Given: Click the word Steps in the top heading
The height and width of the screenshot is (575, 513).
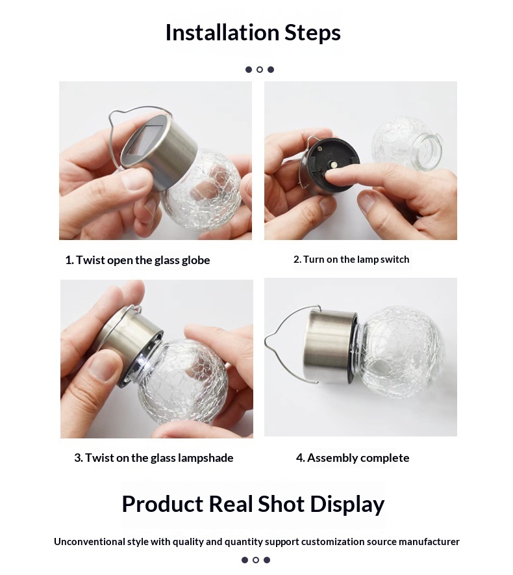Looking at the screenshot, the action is click(x=313, y=33).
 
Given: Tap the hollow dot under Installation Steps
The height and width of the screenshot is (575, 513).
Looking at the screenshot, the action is click(x=260, y=70).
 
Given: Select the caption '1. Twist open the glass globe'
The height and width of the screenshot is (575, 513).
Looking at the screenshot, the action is click(x=138, y=260).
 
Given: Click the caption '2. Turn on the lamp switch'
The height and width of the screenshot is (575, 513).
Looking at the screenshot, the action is click(x=351, y=260).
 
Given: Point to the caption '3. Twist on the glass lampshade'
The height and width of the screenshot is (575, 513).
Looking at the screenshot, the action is click(x=154, y=458).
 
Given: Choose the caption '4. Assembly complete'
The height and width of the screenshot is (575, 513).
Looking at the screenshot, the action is click(x=353, y=458).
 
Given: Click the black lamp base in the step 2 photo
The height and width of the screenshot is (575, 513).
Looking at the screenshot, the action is click(x=331, y=165).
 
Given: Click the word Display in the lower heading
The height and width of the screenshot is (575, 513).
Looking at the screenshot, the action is click(x=347, y=504).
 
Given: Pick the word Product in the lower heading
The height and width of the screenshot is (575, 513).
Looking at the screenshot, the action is click(x=162, y=503).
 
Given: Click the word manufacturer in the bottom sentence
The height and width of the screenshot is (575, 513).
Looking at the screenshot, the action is click(x=426, y=542).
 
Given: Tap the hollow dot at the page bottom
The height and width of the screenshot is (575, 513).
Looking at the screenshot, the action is click(x=256, y=560).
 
